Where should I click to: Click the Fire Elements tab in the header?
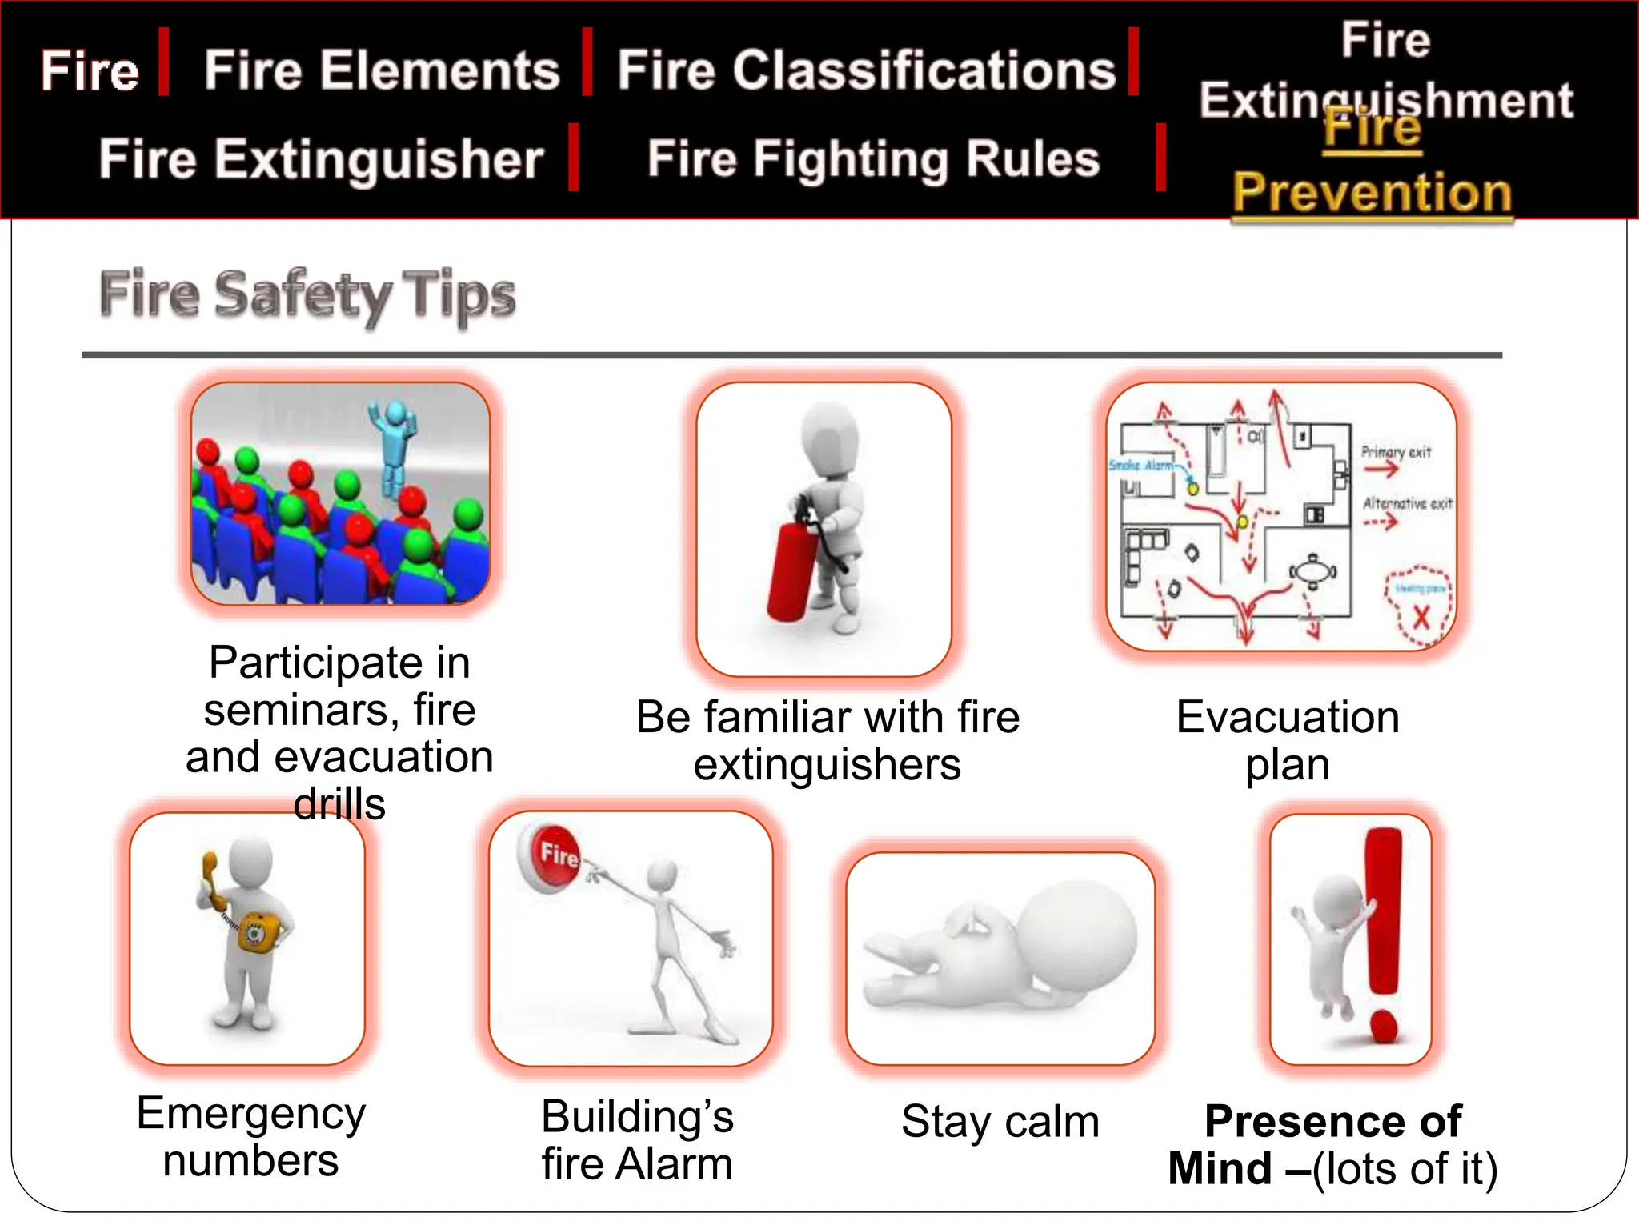[382, 70]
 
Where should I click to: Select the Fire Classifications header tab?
[866, 70]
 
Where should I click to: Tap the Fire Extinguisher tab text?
[322, 158]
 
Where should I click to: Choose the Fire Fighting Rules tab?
[873, 158]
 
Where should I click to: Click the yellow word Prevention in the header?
[1372, 193]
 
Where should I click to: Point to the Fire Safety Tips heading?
[307, 294]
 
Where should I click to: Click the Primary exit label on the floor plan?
[1396, 452]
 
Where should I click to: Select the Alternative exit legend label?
[1407, 503]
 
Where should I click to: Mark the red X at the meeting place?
[1421, 618]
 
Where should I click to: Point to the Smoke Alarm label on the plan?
[1140, 465]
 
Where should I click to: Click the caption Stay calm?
[1000, 1121]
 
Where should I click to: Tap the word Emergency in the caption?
[250, 1113]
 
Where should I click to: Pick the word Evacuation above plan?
[1288, 717]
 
